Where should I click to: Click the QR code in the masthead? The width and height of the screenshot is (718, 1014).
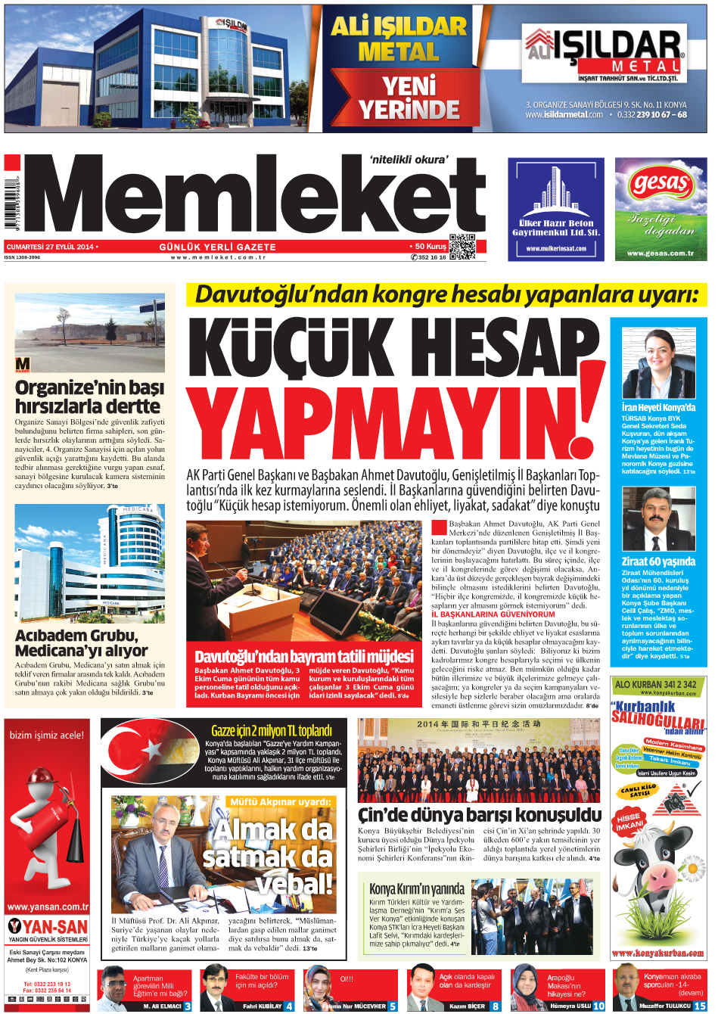coord(462,247)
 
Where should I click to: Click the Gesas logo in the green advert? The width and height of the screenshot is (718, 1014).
coord(660,183)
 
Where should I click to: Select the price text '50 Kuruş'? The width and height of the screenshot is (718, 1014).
coord(430,247)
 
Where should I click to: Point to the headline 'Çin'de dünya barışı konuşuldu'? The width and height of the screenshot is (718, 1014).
coord(479,815)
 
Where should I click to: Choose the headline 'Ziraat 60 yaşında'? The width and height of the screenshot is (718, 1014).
coord(657,561)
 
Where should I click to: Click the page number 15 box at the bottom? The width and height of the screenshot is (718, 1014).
coord(701,1006)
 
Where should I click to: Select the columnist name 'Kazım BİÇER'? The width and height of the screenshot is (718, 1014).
coord(467,1006)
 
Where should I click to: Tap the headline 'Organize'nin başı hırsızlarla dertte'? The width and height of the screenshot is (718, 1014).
coord(89,397)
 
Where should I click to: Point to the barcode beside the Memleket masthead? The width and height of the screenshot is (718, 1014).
coord(9,204)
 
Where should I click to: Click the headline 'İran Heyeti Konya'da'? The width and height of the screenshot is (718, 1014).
coord(657,407)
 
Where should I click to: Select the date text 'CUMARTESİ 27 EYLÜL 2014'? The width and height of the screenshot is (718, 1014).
coord(50,247)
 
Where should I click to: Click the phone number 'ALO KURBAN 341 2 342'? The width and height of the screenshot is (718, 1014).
coord(655,684)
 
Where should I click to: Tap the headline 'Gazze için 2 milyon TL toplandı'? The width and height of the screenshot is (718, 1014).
coord(271,730)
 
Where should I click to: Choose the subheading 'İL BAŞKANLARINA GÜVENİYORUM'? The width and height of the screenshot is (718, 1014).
coord(493,614)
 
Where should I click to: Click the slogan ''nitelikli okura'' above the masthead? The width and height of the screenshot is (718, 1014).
coord(409,160)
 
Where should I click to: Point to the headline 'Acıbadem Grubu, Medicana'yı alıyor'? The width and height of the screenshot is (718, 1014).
coord(82,643)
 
